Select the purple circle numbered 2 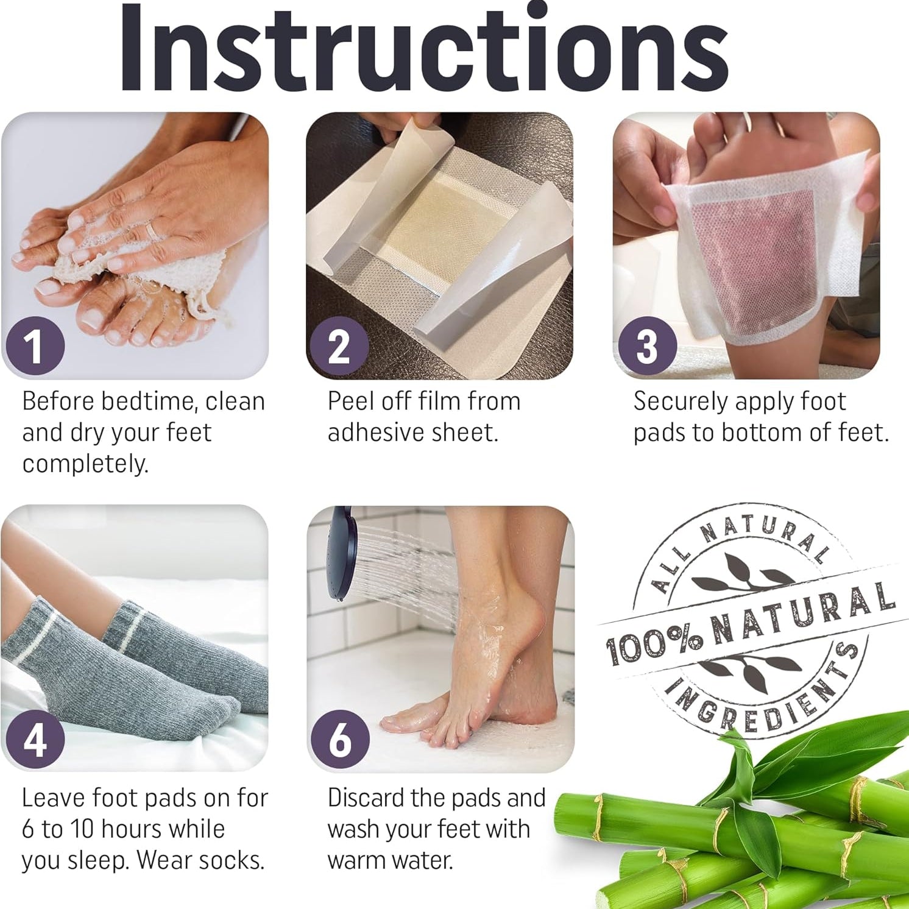(x=339, y=346)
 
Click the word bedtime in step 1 (x=149, y=401)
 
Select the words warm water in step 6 (x=390, y=860)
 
